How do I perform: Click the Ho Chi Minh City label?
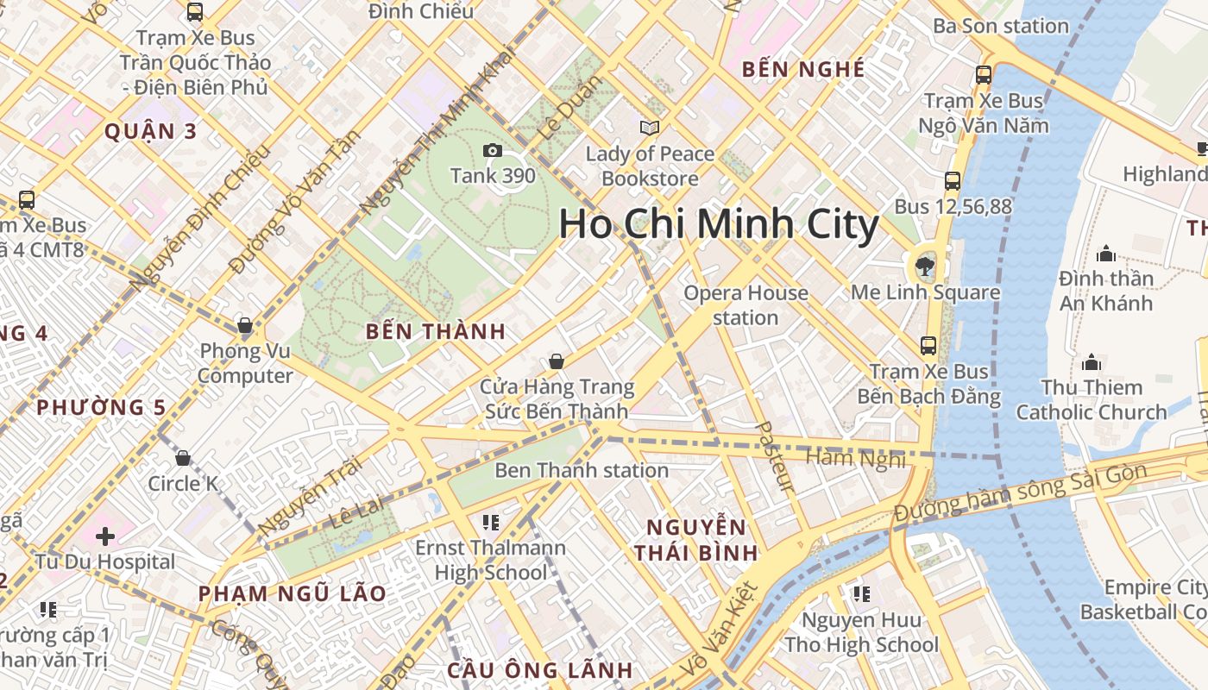point(718,224)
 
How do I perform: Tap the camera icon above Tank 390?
point(493,151)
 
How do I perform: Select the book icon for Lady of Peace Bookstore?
point(650,129)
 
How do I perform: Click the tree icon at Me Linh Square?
point(925,265)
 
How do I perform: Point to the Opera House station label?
point(746,305)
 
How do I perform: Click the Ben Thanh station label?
point(581,470)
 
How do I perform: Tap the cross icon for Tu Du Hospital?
point(105,536)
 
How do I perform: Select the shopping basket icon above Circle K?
point(183,458)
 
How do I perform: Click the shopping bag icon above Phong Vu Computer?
point(245,325)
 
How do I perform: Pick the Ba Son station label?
point(1000,26)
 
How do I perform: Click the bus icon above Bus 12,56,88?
point(953,181)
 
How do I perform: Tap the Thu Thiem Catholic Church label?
point(1091,399)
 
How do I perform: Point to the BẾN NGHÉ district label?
point(802,70)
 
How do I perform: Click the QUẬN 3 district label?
point(150,132)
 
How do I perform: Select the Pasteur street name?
point(774,456)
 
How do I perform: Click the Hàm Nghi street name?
point(855,457)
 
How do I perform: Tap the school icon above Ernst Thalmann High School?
point(491,522)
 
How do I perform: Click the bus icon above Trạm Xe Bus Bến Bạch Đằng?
point(928,346)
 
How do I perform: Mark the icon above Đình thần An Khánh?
point(1105,254)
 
